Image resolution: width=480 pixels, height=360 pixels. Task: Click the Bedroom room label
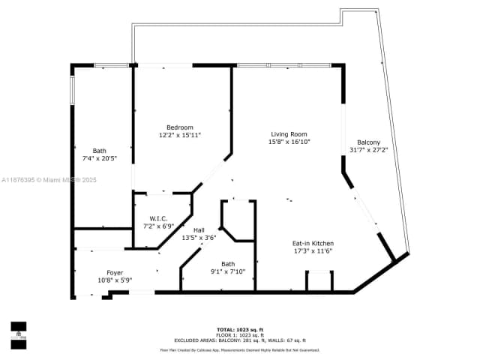coord(180,127)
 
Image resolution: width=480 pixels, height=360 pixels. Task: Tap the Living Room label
coord(289,134)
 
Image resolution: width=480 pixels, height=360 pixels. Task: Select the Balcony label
coord(368,142)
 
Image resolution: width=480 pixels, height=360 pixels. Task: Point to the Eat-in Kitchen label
coord(313,243)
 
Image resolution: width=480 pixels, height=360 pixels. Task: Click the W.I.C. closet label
coord(158,218)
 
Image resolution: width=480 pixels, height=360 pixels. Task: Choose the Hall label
coord(199,230)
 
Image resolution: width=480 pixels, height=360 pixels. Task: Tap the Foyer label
coord(115,272)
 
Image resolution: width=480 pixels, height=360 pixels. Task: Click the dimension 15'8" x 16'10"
coord(289,142)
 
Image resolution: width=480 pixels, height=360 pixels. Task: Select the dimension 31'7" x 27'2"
coord(368,150)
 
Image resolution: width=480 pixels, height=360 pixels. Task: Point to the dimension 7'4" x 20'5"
coord(100,158)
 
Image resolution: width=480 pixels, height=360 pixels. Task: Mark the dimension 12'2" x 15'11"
coord(180,135)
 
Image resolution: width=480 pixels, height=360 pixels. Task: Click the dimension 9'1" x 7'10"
coord(228,271)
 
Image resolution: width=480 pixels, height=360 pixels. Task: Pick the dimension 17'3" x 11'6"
coord(313,250)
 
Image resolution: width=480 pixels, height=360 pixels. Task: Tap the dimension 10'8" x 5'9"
coord(115,280)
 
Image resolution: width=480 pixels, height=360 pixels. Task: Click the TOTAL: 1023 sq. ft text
coord(239,329)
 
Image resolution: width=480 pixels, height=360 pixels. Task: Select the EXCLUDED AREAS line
coord(239,340)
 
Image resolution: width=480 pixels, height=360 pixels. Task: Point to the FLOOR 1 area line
coord(239,334)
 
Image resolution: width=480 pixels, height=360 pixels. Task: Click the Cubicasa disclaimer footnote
coord(239,349)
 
